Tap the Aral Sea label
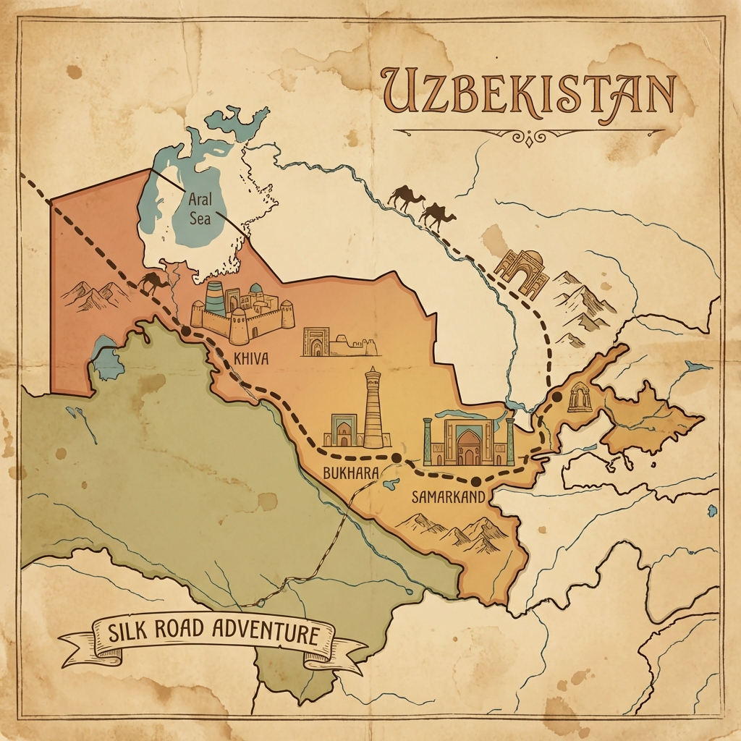(x=200, y=208)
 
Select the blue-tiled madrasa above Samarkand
(x=468, y=441)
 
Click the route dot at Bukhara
(x=396, y=457)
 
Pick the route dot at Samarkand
(x=475, y=480)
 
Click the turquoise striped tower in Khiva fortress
(x=215, y=297)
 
